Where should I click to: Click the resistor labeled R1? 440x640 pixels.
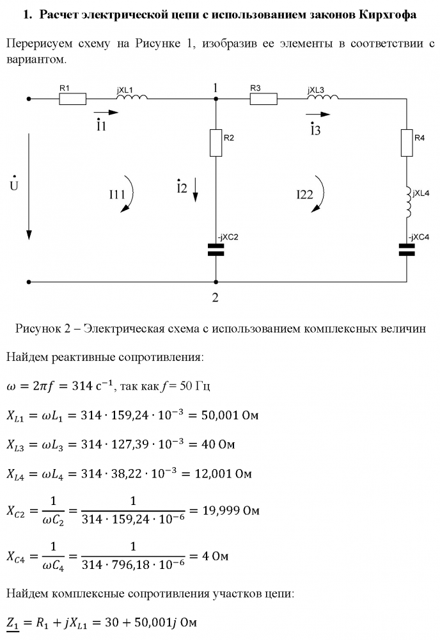[x=72, y=99]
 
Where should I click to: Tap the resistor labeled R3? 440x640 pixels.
[x=263, y=99]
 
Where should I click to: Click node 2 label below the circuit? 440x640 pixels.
[x=216, y=297]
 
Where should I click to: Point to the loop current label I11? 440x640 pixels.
[x=116, y=192]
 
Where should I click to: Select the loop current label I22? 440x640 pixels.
[x=304, y=196]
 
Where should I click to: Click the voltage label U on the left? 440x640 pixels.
[x=13, y=184]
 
